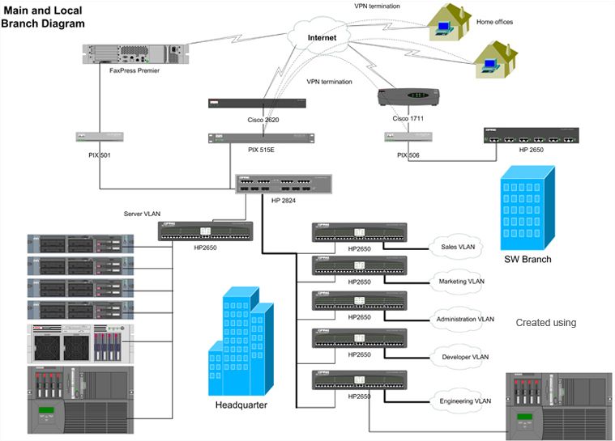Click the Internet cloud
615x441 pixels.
click(x=322, y=37)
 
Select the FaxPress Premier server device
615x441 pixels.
click(x=135, y=54)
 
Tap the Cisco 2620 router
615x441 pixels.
click(x=258, y=103)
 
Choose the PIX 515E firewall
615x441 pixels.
click(x=258, y=138)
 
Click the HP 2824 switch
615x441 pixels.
click(x=283, y=184)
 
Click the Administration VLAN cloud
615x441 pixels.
click(x=464, y=319)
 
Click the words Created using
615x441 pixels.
click(x=545, y=323)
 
